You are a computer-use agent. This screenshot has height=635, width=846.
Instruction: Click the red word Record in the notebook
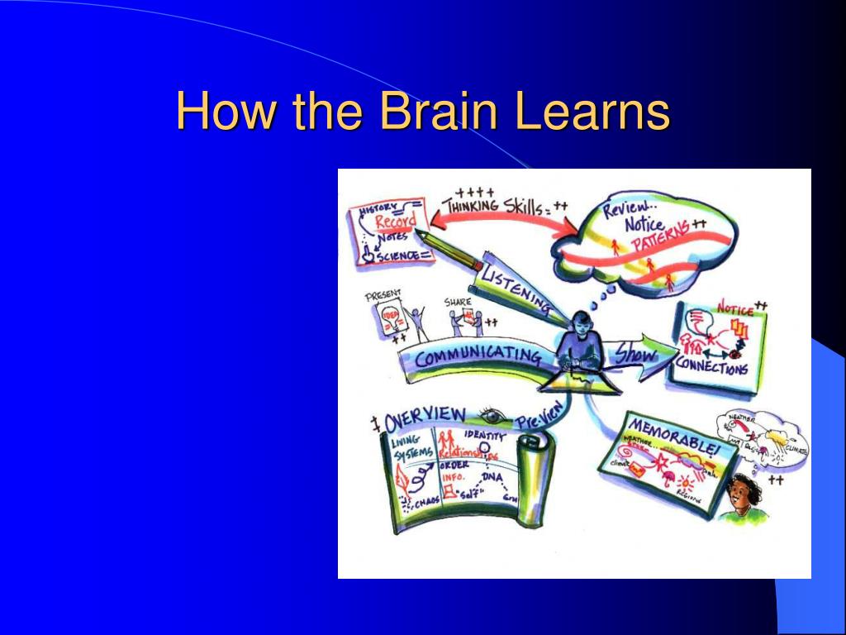pyautogui.click(x=396, y=222)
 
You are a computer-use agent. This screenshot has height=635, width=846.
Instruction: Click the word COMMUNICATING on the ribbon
pyautogui.click(x=478, y=357)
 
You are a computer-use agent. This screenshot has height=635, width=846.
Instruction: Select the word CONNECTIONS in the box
pyautogui.click(x=712, y=365)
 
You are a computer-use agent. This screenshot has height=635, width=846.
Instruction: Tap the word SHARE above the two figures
pyautogui.click(x=457, y=302)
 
